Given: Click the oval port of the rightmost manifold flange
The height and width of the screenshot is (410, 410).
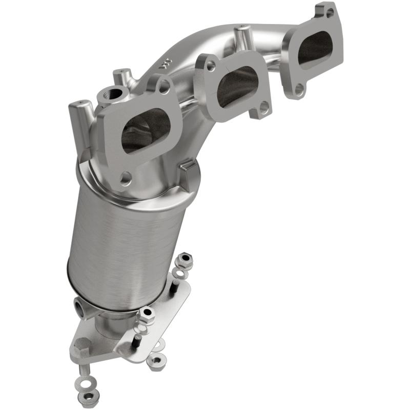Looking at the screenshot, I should coord(315,50).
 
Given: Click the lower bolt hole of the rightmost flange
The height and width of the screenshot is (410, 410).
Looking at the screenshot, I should coord(300,90).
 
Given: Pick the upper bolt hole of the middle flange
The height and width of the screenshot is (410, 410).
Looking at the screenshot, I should coord(211,66).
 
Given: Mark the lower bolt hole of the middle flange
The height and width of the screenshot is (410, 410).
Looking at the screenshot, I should coord(263,107).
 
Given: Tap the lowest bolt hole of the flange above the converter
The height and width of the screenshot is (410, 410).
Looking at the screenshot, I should coord(125,179).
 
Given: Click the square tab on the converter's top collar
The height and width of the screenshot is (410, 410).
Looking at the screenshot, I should coord(191,173).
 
